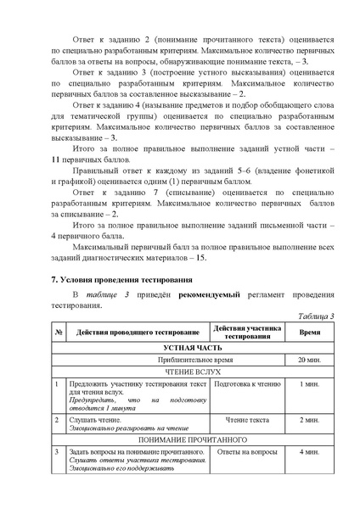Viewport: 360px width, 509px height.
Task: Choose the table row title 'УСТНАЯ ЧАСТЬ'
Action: tap(192, 348)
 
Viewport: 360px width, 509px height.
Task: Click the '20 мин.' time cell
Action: tap(309, 360)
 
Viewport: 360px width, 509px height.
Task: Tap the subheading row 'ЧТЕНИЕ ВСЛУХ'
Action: tap(192, 372)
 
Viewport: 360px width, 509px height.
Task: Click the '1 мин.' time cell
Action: tap(309, 384)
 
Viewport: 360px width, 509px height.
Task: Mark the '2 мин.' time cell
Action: tap(309, 420)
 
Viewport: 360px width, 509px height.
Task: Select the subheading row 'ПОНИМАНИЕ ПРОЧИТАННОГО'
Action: tap(192, 440)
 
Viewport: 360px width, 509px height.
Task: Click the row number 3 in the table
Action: tap(56, 452)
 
